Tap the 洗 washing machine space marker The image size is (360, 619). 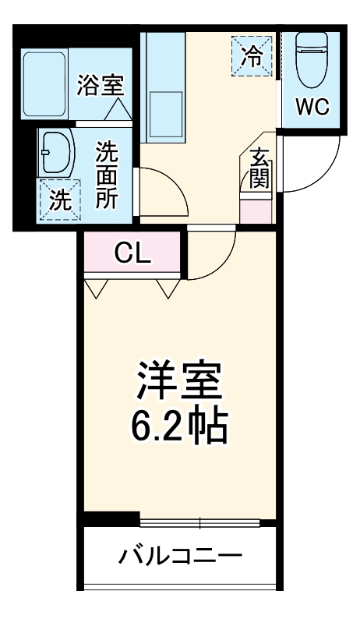coord(59,200)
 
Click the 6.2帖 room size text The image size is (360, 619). coord(180,425)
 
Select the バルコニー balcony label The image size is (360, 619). coord(180,556)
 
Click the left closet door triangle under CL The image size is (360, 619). coord(97,289)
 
